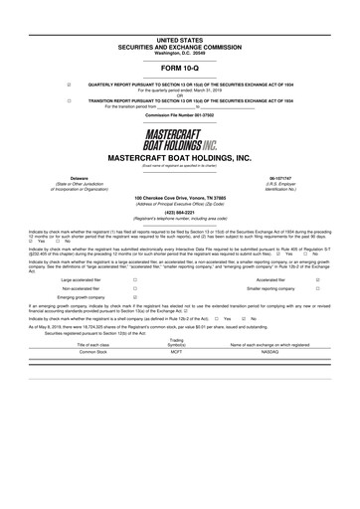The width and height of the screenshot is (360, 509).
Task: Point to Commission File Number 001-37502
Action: [179, 116]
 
